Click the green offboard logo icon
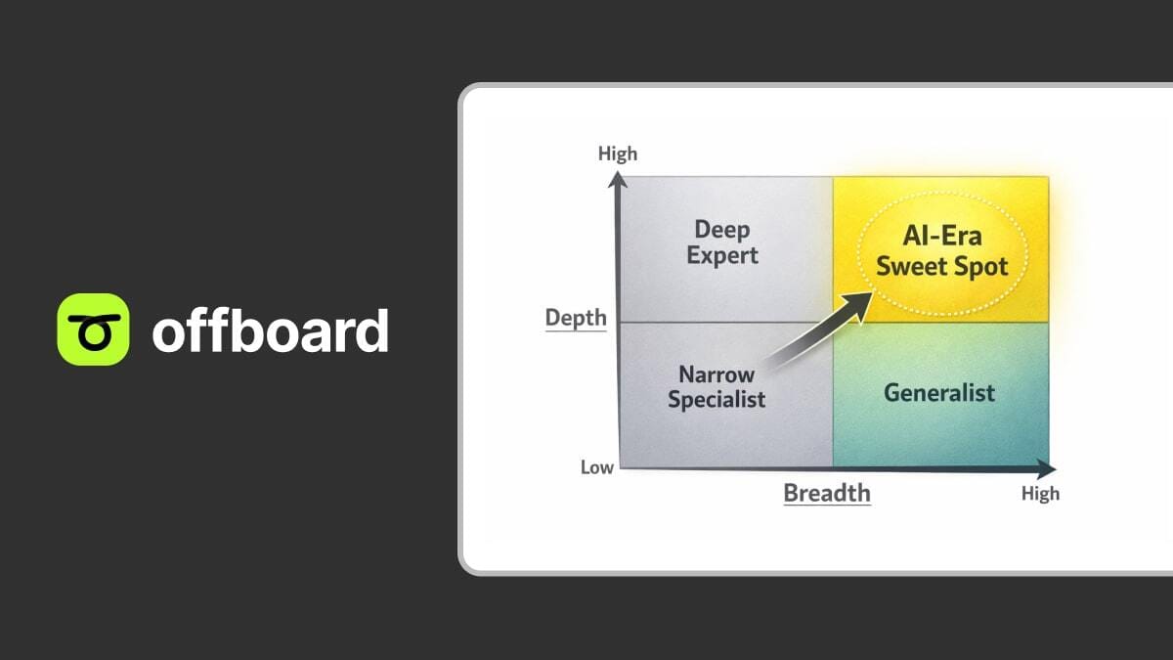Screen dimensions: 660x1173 (x=93, y=330)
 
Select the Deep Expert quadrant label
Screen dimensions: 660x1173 (x=722, y=242)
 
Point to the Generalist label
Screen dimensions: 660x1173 (x=939, y=393)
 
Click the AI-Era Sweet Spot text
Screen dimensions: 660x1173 (x=941, y=251)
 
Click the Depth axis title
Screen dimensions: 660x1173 (x=576, y=318)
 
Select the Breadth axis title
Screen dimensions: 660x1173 (x=827, y=492)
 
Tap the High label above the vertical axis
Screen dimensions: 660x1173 (x=617, y=154)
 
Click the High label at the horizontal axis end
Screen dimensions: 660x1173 (x=1040, y=493)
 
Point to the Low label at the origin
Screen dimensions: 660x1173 (x=597, y=467)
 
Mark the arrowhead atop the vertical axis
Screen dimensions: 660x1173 (x=617, y=179)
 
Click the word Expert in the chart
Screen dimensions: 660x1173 (x=722, y=256)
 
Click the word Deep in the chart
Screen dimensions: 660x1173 (x=722, y=230)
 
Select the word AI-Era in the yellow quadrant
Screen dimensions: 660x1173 (x=941, y=237)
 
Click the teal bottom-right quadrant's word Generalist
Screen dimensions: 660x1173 (x=939, y=393)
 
